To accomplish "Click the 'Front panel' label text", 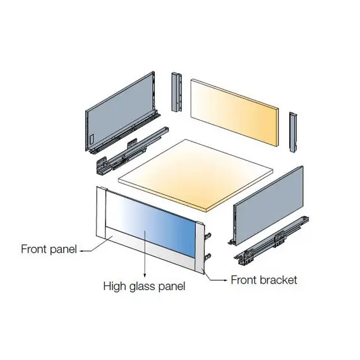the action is point(49,249).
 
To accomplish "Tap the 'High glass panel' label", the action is point(144,287).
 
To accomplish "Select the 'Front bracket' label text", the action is point(264,280).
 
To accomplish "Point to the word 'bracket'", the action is point(279,280).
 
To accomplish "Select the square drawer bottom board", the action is point(196,175).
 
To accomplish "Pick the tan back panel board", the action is point(235,112).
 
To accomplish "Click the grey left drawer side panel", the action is point(121,111).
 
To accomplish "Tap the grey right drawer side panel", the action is point(268,205).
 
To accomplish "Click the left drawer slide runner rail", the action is point(132,150).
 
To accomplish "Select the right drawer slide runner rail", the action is point(272,241).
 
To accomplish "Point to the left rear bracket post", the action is point(177,92).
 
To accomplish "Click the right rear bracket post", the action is point(293,132).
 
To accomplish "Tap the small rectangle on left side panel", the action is point(92,139).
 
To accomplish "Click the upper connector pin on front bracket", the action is point(208,236).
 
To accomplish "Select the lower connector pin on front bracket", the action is point(208,256).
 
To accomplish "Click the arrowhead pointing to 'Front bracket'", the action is point(225,280).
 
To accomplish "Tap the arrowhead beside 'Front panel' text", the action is point(81,251).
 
